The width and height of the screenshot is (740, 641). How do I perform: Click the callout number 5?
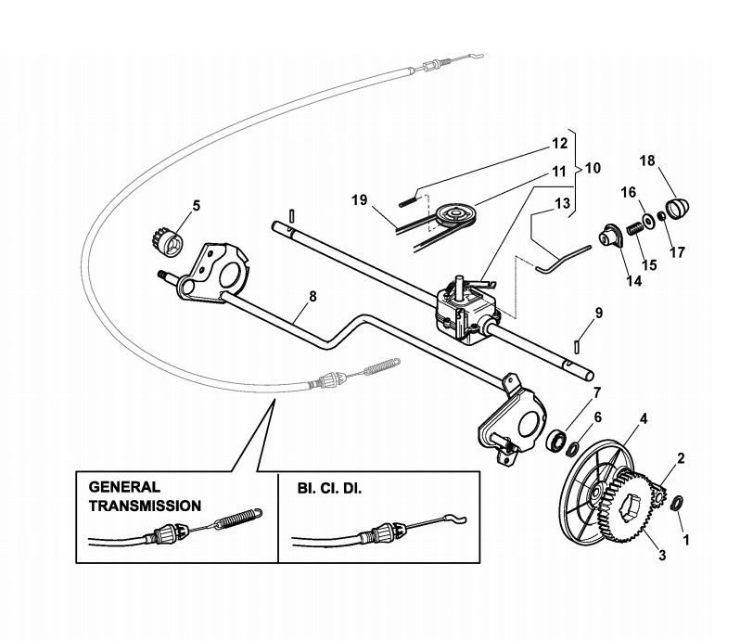tap(197, 205)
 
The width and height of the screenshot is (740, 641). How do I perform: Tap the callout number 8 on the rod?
tap(313, 298)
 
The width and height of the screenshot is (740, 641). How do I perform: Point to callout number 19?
tap(361, 199)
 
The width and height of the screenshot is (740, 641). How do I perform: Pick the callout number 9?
tap(599, 313)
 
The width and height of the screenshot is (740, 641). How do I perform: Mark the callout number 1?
tap(686, 537)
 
